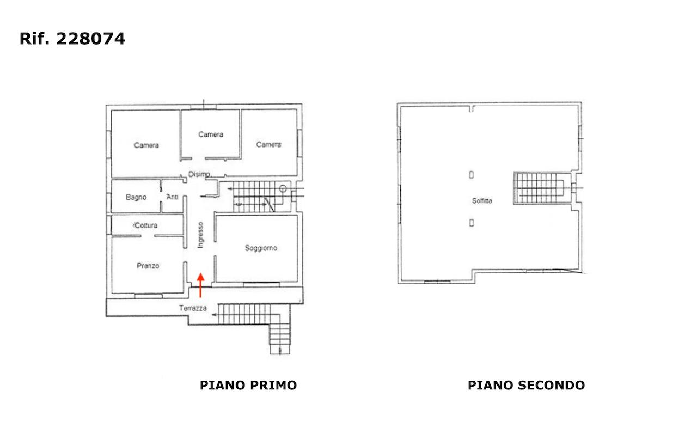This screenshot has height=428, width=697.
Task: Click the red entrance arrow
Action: [201, 285]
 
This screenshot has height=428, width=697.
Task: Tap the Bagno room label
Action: [136, 197]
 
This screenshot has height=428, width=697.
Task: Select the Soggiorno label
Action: [261, 248]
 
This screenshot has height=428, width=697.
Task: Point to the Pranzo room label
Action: [148, 266]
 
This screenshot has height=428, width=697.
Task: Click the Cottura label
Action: [145, 225]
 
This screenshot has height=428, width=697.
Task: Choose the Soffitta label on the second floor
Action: [482, 201]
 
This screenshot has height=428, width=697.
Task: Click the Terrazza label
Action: [193, 308]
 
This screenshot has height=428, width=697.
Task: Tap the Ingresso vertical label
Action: [201, 235]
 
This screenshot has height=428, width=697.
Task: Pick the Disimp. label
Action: [199, 174]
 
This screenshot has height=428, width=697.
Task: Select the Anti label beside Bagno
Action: [173, 197]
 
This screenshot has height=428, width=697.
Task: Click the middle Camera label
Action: [211, 134]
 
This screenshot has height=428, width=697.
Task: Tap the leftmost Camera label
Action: [146, 145]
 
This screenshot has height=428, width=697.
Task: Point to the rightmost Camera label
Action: [269, 145]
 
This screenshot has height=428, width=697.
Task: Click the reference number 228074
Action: [90, 39]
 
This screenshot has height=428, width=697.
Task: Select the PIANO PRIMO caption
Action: [248, 385]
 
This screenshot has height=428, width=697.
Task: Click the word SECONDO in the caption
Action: [551, 385]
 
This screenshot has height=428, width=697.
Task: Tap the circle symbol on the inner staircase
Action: [283, 188]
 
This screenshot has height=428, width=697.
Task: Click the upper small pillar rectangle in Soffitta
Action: [472, 175]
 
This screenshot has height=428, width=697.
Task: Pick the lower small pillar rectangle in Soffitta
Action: [472, 223]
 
